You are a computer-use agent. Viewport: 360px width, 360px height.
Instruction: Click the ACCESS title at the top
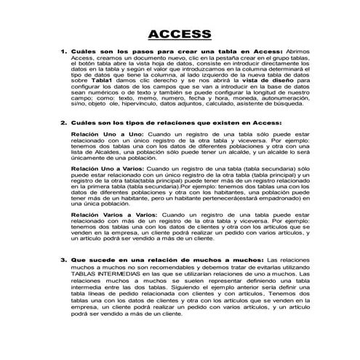180,33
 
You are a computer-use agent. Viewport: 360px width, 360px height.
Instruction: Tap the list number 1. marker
63,52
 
